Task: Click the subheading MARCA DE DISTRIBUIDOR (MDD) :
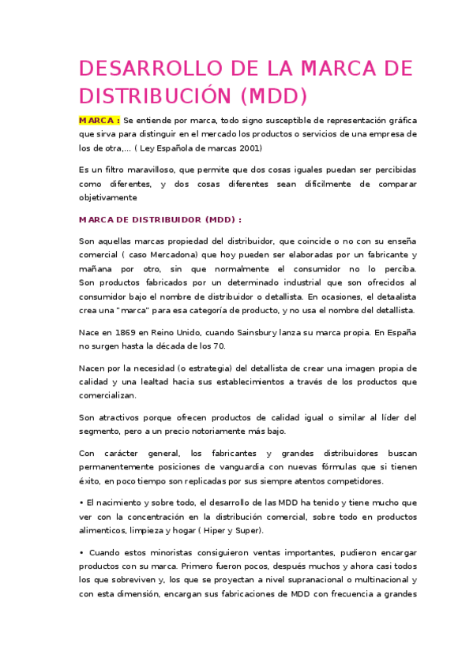point(160,219)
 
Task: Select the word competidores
point(351,480)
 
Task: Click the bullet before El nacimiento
point(81,503)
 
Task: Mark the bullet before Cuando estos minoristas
point(81,552)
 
